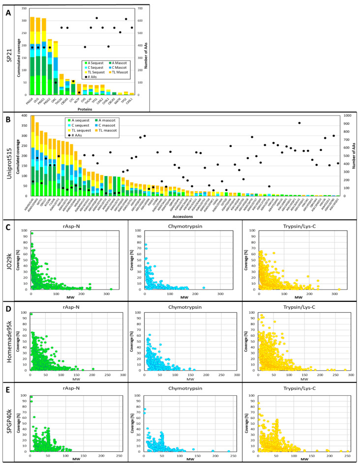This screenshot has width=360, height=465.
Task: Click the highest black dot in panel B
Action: click(299, 123)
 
